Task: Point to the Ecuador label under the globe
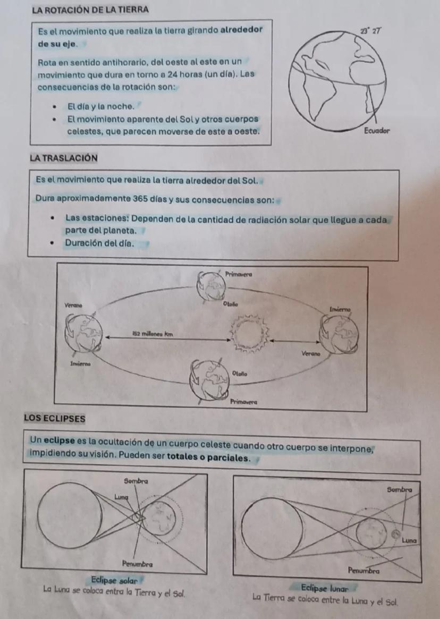click(x=377, y=130)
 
